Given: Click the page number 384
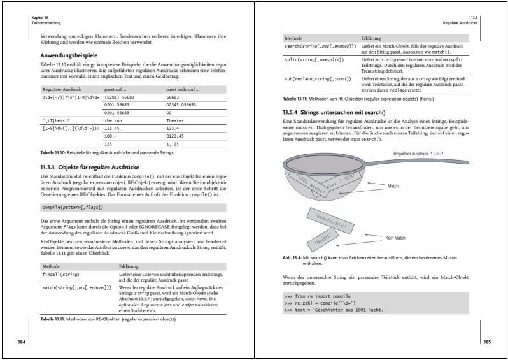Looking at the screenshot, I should [22, 342].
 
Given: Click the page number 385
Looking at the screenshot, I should [486, 342].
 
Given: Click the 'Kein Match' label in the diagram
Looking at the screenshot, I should [395, 237].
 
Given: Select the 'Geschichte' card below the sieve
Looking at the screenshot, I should [330, 220].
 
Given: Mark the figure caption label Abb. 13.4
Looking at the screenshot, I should [295, 258].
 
